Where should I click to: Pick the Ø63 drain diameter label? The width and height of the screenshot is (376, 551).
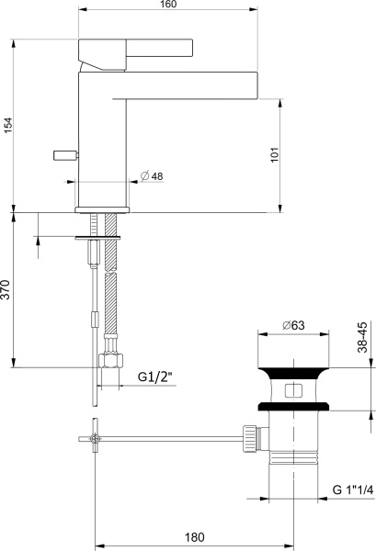[x=293, y=324]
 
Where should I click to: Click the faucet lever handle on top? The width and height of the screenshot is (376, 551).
[x=138, y=49]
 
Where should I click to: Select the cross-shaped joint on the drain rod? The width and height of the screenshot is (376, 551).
[x=96, y=441]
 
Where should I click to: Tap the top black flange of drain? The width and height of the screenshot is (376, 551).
[x=293, y=372]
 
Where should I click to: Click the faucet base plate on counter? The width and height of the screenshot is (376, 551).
[x=102, y=209]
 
